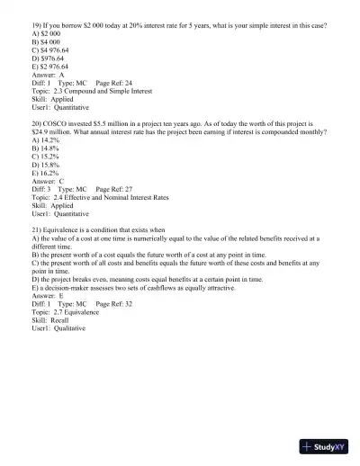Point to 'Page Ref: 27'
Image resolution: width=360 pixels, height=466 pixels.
(113, 190)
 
